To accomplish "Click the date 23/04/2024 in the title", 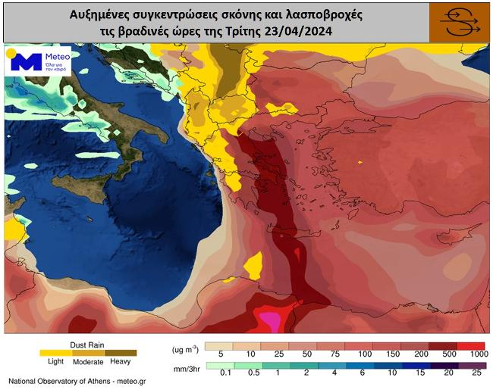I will pyautogui.click(x=297, y=32).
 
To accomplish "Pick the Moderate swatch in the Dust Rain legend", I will pyautogui.click(x=87, y=352).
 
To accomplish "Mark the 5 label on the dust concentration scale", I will pyautogui.click(x=220, y=354).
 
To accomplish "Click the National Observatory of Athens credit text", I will pyautogui.click(x=76, y=381).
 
